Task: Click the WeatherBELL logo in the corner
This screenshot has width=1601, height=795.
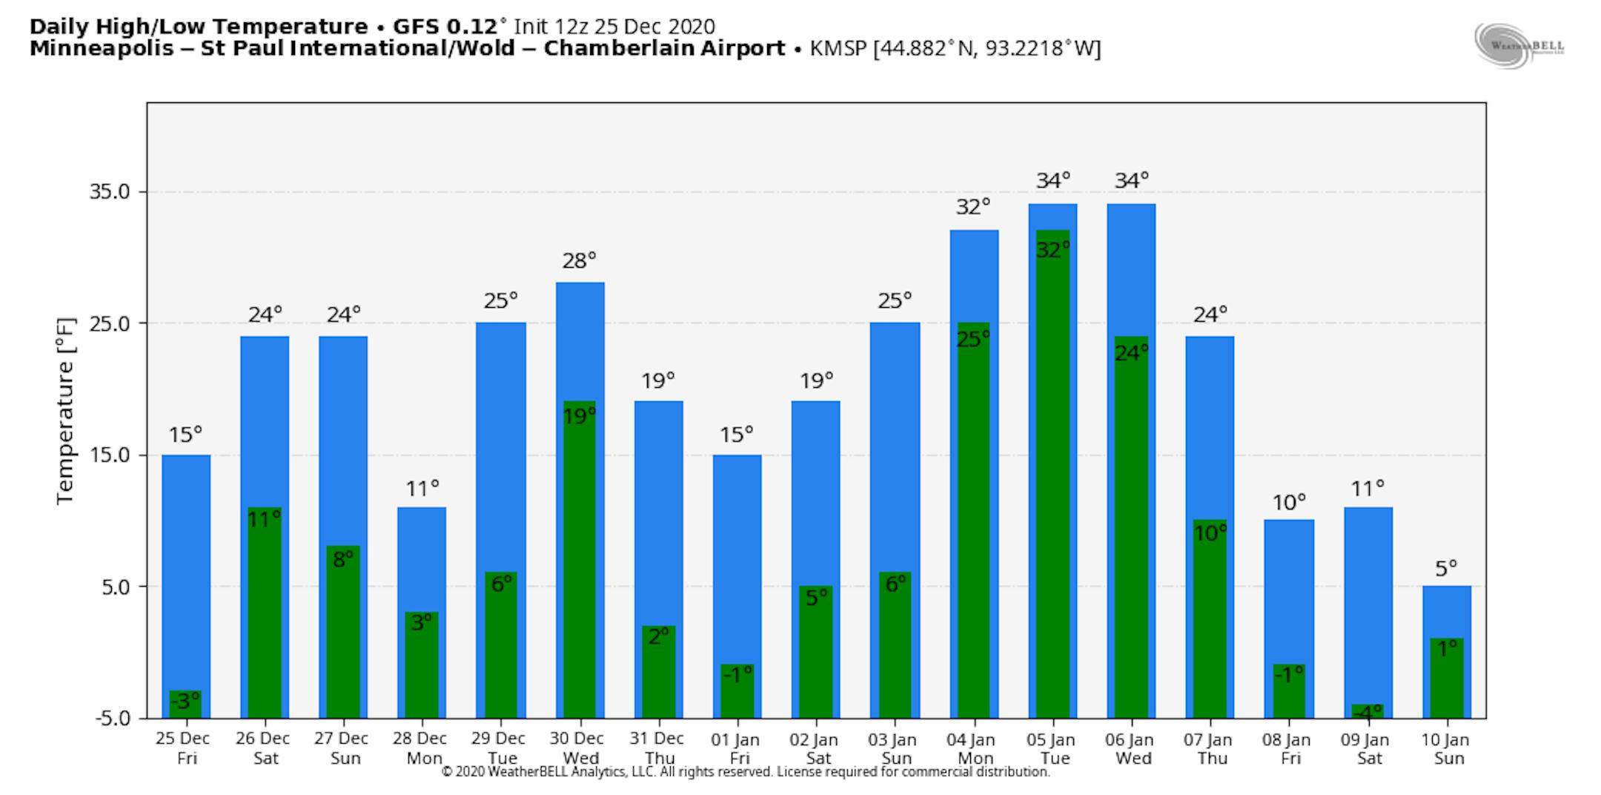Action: click(x=1519, y=46)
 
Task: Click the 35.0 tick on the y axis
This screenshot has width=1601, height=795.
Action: click(x=109, y=191)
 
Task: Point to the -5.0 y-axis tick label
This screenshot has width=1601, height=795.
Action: click(x=112, y=718)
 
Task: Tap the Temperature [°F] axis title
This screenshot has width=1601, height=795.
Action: click(x=66, y=411)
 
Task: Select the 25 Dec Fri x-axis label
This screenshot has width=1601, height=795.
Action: click(x=183, y=748)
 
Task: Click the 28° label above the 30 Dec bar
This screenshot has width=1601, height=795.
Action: click(x=579, y=260)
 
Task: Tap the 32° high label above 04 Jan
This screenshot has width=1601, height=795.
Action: click(x=973, y=207)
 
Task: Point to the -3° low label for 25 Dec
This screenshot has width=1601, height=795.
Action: click(x=185, y=701)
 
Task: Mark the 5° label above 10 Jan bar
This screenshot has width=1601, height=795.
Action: click(x=1446, y=569)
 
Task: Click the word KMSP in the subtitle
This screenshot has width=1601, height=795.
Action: click(x=839, y=48)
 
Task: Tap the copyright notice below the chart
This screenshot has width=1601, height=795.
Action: click(x=745, y=772)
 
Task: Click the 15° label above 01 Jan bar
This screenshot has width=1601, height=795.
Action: click(x=736, y=434)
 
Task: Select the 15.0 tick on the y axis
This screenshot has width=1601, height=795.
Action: click(x=109, y=455)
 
